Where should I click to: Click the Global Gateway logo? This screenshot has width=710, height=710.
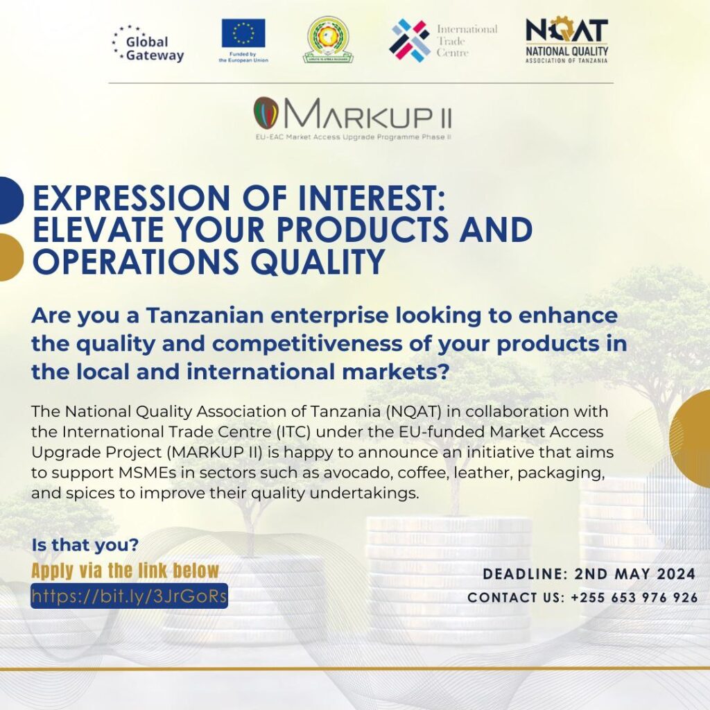pyautogui.click(x=148, y=44)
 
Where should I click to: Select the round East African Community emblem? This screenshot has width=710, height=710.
pyautogui.click(x=328, y=40)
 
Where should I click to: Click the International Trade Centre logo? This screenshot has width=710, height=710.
pyautogui.click(x=444, y=40)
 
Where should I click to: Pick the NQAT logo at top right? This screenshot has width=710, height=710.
pyautogui.click(x=566, y=40)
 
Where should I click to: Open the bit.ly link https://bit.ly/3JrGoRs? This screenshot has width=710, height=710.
pyautogui.click(x=129, y=596)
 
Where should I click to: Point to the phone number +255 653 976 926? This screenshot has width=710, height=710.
pyautogui.click(x=634, y=598)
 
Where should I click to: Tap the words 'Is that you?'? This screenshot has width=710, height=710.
pyautogui.click(x=85, y=545)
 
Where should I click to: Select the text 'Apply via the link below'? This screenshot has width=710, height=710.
pyautogui.click(x=125, y=571)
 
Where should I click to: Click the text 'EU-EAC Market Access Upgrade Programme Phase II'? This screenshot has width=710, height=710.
pyautogui.click(x=354, y=137)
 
